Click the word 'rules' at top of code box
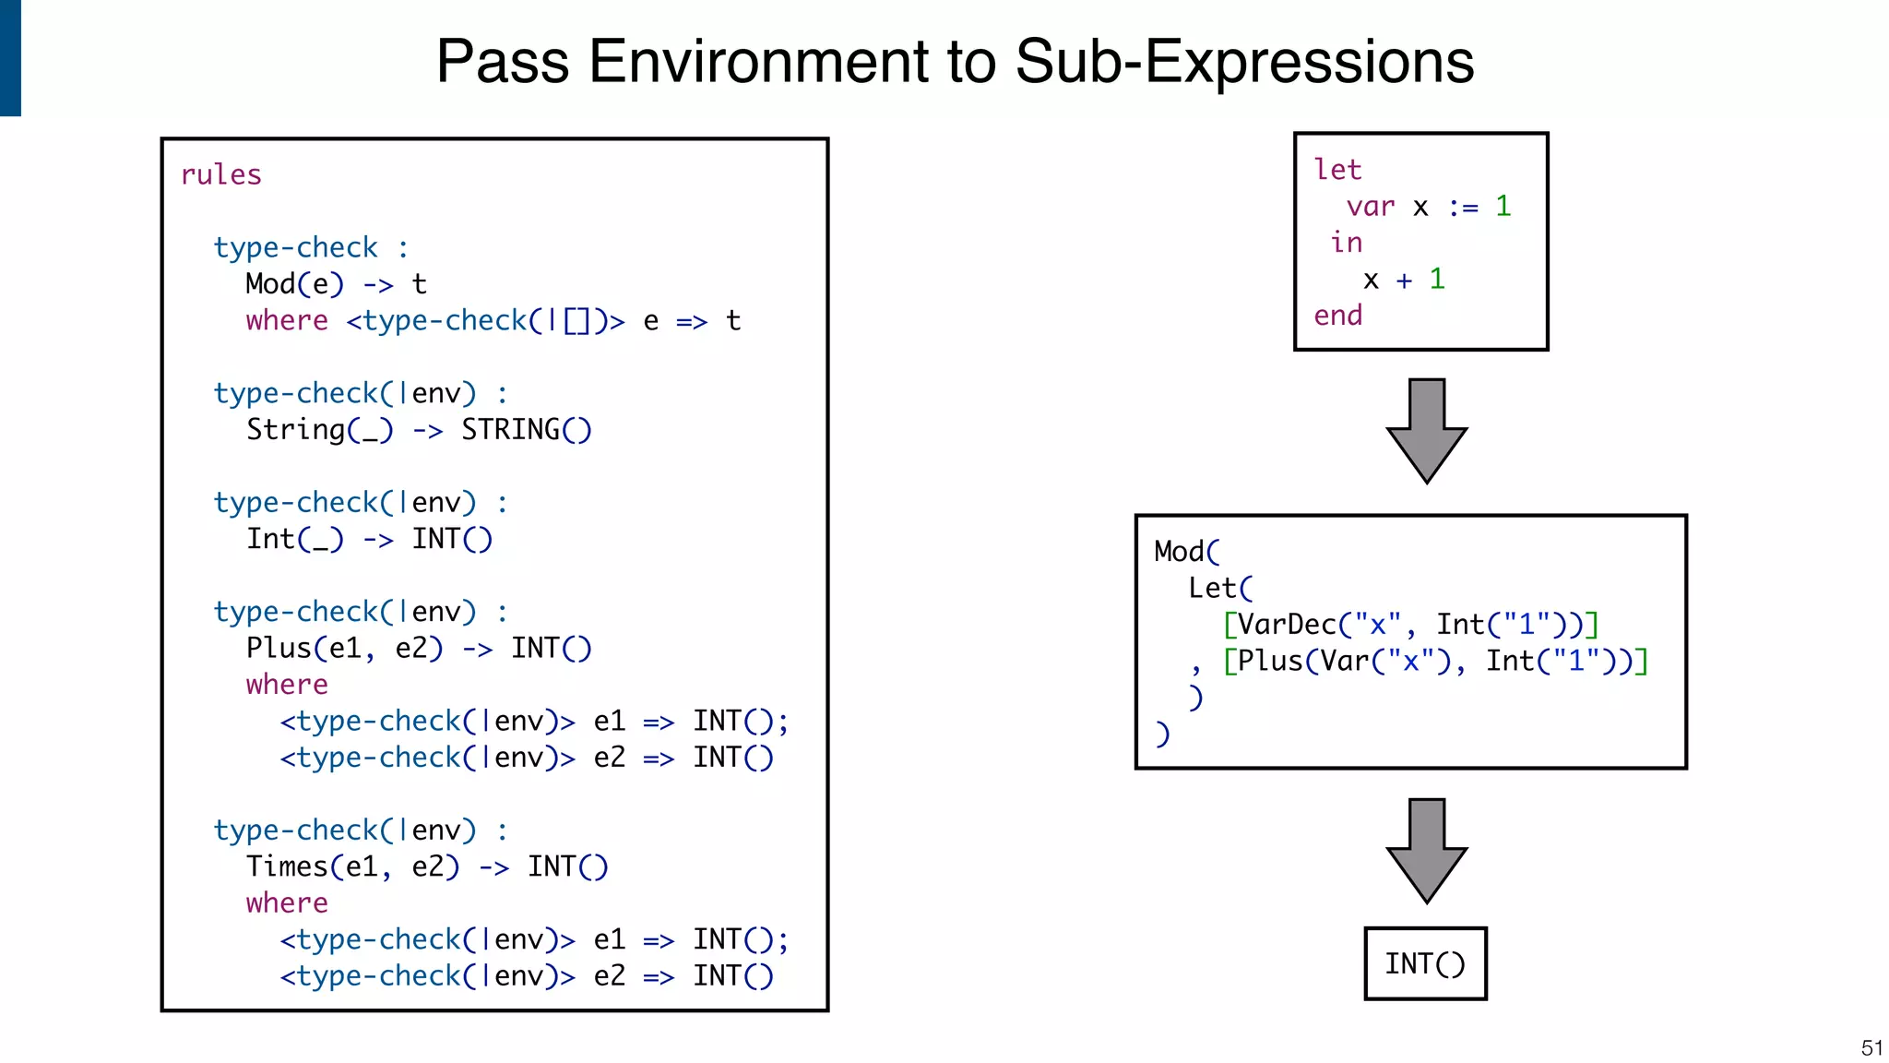pos(221,174)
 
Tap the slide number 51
pos(1871,1047)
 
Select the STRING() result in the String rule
pos(526,430)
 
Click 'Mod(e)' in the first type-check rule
pos(294,284)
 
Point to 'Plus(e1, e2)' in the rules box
pos(344,649)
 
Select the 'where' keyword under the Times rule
pos(287,903)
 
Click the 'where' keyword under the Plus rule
pos(287,685)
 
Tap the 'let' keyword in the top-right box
pos(1337,170)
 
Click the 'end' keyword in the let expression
pos(1337,316)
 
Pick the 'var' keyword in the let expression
pos(1370,207)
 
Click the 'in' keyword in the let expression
pos(1346,243)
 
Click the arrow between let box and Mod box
pos(1426,430)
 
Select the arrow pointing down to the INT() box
pos(1426,850)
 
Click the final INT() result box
pos(1425,963)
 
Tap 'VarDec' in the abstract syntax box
pos(1287,625)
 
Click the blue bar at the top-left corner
pos(10,57)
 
